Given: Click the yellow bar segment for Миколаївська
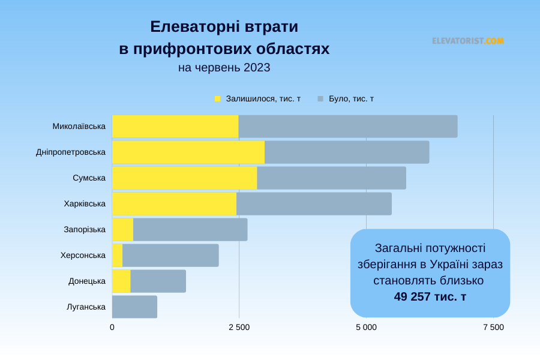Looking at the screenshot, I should [x=175, y=126].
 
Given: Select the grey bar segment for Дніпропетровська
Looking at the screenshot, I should [x=347, y=152].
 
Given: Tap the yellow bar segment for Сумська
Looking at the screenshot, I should [x=184, y=178].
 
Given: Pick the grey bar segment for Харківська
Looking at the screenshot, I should [x=314, y=203].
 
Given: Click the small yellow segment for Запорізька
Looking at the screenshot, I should [x=122, y=229].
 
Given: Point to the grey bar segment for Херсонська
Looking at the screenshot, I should [x=170, y=255].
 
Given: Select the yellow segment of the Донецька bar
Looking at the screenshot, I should [x=121, y=281].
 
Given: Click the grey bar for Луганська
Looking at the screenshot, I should [x=134, y=307].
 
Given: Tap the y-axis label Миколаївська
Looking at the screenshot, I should [x=79, y=126].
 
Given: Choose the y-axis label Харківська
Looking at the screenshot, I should [x=85, y=203].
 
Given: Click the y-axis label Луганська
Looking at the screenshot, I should [x=86, y=307].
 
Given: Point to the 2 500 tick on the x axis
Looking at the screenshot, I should [x=239, y=327].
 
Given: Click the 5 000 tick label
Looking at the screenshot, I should [x=366, y=327].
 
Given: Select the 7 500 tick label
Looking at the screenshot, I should [x=493, y=327].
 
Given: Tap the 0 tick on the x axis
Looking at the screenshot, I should [x=112, y=327].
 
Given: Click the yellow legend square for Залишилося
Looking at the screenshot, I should [x=218, y=98].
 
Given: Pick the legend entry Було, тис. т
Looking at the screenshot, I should [x=351, y=98].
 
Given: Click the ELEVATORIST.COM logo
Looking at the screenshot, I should [x=467, y=41].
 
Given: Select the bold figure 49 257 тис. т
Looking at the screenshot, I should [x=430, y=296].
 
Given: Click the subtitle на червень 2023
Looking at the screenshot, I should [x=224, y=68].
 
